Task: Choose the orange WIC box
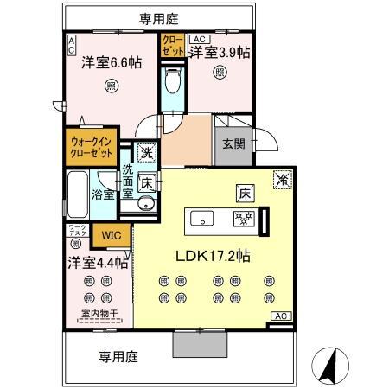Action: click(111, 234)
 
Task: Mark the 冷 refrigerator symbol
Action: click(282, 180)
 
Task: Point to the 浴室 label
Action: click(104, 194)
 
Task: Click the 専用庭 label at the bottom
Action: click(118, 355)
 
